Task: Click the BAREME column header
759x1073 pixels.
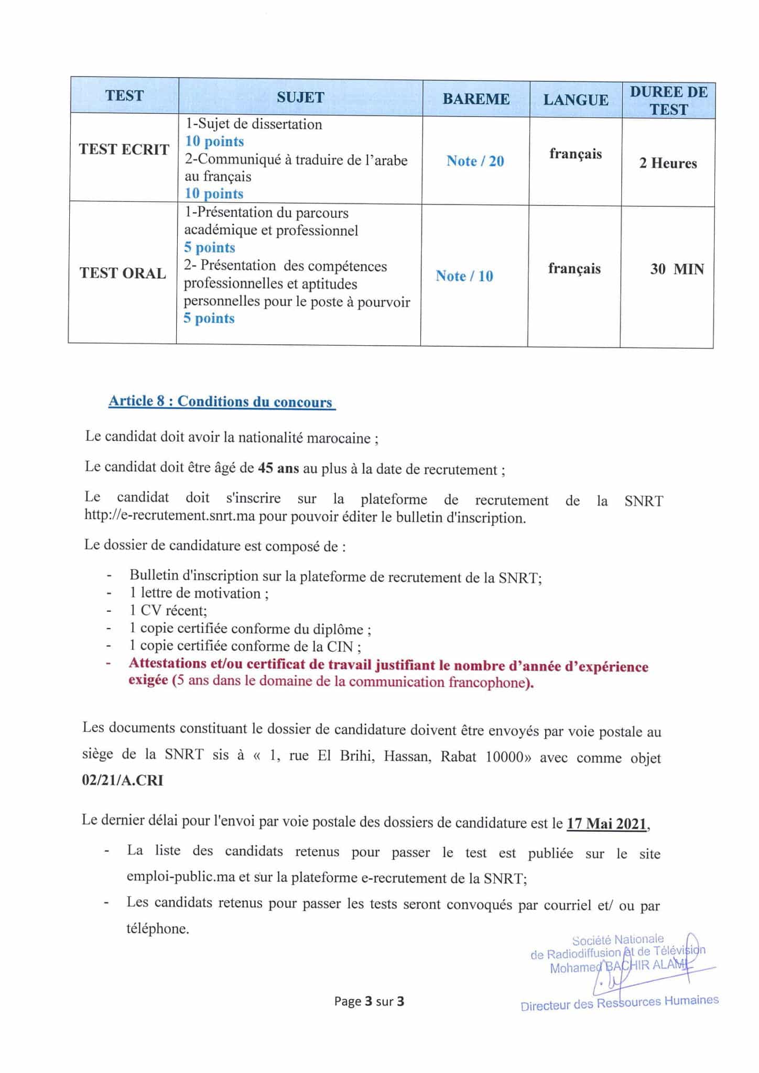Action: [475, 99]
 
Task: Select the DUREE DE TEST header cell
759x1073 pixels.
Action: [668, 101]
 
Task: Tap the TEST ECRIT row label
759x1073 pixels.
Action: [124, 149]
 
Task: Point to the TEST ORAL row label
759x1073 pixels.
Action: [123, 273]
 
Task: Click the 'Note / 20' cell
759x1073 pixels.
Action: [475, 161]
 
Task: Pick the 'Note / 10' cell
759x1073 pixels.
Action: [464, 276]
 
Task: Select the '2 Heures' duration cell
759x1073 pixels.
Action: [668, 163]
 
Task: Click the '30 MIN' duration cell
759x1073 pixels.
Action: [677, 269]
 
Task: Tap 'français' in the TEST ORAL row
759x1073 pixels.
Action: [574, 269]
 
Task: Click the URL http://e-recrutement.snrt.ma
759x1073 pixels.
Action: [169, 517]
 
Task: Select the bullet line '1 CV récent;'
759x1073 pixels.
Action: [168, 611]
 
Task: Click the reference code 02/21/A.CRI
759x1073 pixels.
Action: [123, 780]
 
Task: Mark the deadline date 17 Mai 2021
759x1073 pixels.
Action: [606, 823]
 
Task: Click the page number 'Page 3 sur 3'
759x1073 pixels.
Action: [369, 1001]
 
